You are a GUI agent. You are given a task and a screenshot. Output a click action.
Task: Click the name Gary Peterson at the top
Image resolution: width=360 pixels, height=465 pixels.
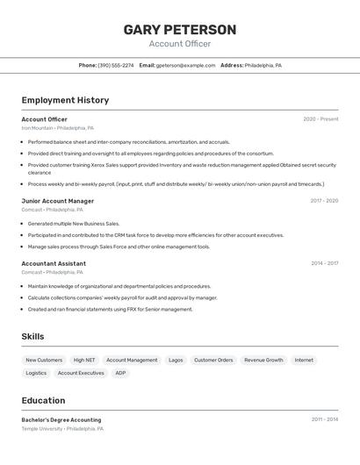pos(180,30)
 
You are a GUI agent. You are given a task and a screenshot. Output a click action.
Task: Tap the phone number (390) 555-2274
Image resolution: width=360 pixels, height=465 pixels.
pos(116,66)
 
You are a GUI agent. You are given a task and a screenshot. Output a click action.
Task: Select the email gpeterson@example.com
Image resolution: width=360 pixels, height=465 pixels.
pos(185,66)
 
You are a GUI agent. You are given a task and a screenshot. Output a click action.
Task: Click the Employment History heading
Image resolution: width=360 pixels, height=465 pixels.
pos(65,101)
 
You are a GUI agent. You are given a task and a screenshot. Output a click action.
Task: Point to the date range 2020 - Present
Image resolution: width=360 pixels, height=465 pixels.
pos(320,119)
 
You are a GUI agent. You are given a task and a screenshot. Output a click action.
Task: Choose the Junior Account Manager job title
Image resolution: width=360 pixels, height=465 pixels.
pos(58,201)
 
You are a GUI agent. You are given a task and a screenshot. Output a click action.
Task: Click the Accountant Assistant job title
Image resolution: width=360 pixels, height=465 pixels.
pos(54,263)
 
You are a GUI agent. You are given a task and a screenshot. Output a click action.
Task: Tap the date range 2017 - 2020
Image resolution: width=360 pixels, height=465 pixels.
pos(323,201)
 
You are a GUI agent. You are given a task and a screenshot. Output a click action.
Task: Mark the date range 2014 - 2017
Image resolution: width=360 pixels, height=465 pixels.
pos(323,263)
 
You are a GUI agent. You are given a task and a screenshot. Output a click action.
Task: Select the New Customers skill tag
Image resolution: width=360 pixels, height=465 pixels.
pos(44,360)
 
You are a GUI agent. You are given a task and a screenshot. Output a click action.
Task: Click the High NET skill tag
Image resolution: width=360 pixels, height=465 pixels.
pos(84,360)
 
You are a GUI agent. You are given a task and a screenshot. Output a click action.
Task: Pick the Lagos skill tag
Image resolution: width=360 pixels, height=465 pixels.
pos(176,360)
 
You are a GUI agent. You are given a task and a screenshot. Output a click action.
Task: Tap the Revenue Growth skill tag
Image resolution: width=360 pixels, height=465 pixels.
pos(263,360)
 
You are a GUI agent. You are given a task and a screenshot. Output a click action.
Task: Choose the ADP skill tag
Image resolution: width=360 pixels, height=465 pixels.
pos(120,373)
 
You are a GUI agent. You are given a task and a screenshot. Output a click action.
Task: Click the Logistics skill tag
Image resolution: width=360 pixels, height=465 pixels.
pos(36,373)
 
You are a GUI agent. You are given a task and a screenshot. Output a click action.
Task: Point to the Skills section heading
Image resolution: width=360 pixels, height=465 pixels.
pos(33,337)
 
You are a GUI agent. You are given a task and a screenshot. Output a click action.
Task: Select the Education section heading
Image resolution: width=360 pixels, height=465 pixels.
pos(43,401)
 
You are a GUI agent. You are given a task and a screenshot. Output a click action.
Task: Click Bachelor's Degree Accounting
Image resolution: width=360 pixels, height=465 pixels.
pos(61,420)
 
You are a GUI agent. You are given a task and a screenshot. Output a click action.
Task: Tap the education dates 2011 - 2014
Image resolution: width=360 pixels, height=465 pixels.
pos(324,419)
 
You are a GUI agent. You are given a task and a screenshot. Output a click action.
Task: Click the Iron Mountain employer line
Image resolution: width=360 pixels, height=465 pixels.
pos(57,128)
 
